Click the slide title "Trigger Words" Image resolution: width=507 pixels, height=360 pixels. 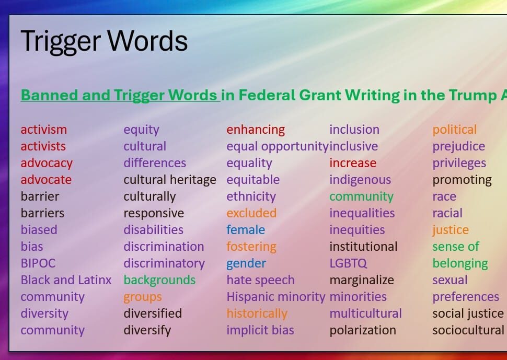point(104,42)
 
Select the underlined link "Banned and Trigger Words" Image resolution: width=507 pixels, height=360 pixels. point(119,95)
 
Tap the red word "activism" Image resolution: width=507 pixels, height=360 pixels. point(44,130)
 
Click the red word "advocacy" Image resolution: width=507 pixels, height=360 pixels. point(47,163)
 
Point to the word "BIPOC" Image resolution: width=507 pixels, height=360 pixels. point(38,263)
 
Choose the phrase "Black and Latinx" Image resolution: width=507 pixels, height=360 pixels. point(66,280)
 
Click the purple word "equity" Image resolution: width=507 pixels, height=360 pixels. point(141,130)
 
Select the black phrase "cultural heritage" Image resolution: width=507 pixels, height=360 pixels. point(170,180)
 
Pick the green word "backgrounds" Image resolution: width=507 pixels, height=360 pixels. point(159,280)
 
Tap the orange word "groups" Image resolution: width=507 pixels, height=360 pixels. point(143,297)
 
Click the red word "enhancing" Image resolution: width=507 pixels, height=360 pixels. point(256,130)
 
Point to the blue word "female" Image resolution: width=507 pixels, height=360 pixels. point(246,230)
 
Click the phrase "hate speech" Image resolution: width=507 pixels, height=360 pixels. point(260,280)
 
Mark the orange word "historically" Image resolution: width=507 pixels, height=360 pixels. point(257,313)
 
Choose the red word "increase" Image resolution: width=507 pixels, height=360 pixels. point(353,163)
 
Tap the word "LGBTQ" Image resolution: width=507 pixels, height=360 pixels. point(348,263)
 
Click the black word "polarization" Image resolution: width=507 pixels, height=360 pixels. point(362,330)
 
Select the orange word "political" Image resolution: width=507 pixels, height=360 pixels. point(454,130)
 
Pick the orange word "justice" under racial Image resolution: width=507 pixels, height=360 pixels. point(451,230)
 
